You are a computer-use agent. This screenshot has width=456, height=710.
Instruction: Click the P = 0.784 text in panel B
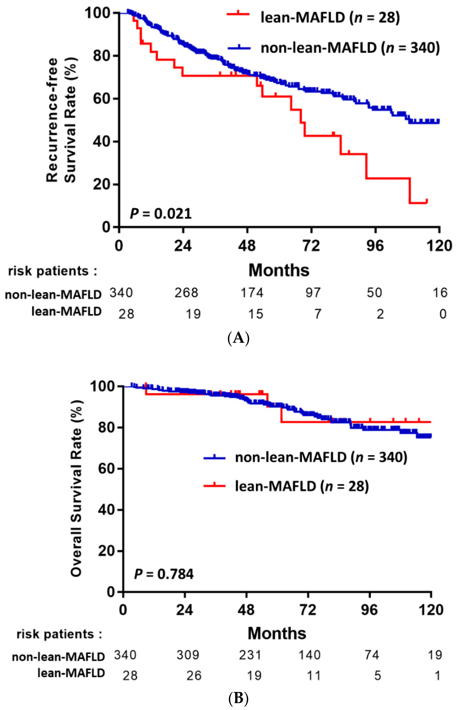[x=164, y=574]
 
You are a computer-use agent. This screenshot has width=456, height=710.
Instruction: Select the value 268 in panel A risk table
[x=186, y=293]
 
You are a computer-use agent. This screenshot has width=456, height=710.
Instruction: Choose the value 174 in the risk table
[x=252, y=293]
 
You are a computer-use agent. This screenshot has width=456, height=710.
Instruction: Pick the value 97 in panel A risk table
[x=313, y=293]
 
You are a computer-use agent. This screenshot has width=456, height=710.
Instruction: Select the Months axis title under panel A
[x=279, y=270]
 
